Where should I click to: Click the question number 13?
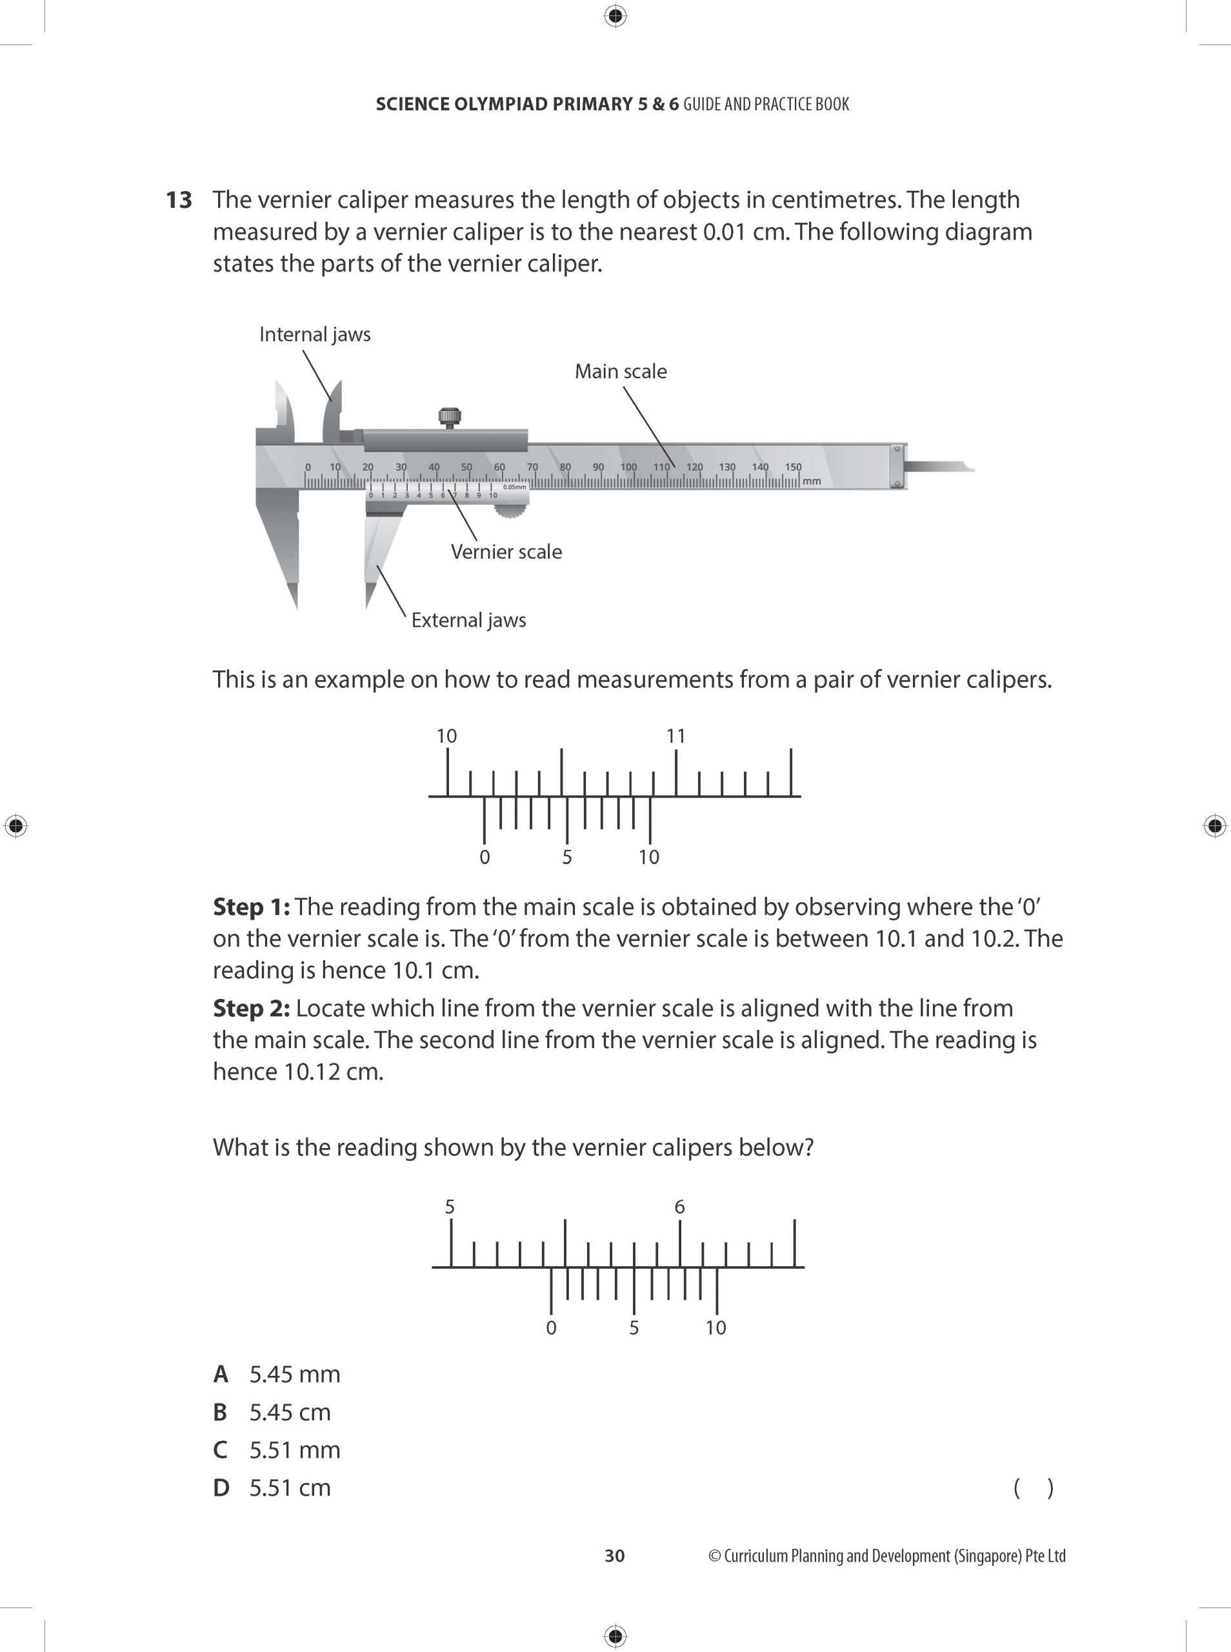coord(179,201)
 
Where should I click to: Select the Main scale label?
coord(620,371)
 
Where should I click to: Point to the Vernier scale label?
coord(506,552)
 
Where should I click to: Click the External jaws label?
coord(468,620)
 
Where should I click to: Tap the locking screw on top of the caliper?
coord(449,418)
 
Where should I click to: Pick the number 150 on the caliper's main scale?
coord(793,467)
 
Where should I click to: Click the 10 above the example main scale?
coord(446,736)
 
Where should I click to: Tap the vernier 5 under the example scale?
coord(567,858)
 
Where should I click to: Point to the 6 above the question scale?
coord(679,1207)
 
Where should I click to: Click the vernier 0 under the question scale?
coord(551,1328)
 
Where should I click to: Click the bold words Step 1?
coord(251,907)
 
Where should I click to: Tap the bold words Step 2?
coord(251,1008)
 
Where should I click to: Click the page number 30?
coord(615,1556)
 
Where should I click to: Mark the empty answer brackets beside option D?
coord(1033,1488)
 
